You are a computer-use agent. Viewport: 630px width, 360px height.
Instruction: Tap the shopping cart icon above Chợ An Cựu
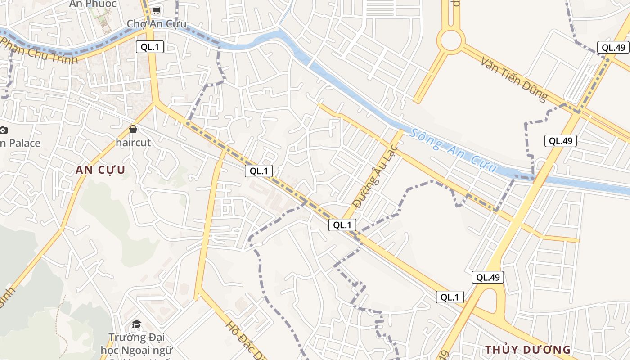point(156,10)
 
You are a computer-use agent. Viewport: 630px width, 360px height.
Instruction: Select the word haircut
point(133,142)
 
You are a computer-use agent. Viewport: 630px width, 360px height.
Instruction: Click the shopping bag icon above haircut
point(133,130)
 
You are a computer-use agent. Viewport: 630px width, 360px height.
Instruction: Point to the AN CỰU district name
point(100,170)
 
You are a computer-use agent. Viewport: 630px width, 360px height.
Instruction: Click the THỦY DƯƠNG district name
point(527,350)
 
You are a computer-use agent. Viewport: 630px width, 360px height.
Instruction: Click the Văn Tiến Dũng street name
point(514,79)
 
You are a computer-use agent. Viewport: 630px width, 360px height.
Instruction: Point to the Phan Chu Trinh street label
point(39,50)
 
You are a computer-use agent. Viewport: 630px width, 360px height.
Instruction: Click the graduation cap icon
point(136,324)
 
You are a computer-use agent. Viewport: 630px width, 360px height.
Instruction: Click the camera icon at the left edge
point(3,130)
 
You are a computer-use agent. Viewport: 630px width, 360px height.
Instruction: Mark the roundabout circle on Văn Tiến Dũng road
point(451,40)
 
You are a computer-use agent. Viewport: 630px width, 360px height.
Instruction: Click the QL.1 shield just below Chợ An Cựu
point(149,47)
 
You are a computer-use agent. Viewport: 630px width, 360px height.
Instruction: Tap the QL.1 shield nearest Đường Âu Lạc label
point(342,225)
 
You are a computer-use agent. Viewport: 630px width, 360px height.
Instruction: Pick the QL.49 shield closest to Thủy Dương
point(487,277)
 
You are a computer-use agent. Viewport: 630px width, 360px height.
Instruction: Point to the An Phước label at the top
point(93,4)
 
